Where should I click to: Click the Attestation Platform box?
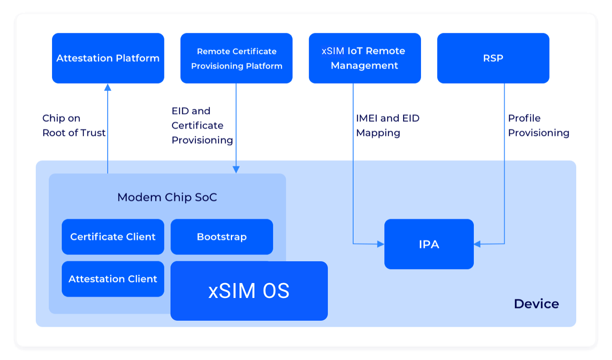[108, 58]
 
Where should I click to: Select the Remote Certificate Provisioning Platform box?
[236, 58]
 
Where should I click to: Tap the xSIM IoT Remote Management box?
[365, 58]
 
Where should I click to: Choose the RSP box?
[493, 58]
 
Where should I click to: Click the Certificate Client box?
[113, 237]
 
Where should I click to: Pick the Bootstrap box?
[222, 237]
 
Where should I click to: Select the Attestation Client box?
[113, 279]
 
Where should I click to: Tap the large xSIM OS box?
[249, 291]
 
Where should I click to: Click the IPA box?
[429, 244]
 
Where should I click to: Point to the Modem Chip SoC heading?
[167, 197]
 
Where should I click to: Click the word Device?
[536, 304]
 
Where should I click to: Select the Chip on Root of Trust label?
[74, 125]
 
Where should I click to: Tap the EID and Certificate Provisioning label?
[202, 125]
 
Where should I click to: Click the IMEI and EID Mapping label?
[387, 125]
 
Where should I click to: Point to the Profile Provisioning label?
[539, 125]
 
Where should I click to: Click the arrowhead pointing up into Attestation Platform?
[108, 87]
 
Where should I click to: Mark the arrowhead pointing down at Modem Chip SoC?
[236, 170]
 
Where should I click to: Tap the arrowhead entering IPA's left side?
[380, 244]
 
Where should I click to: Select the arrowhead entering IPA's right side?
[477, 244]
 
